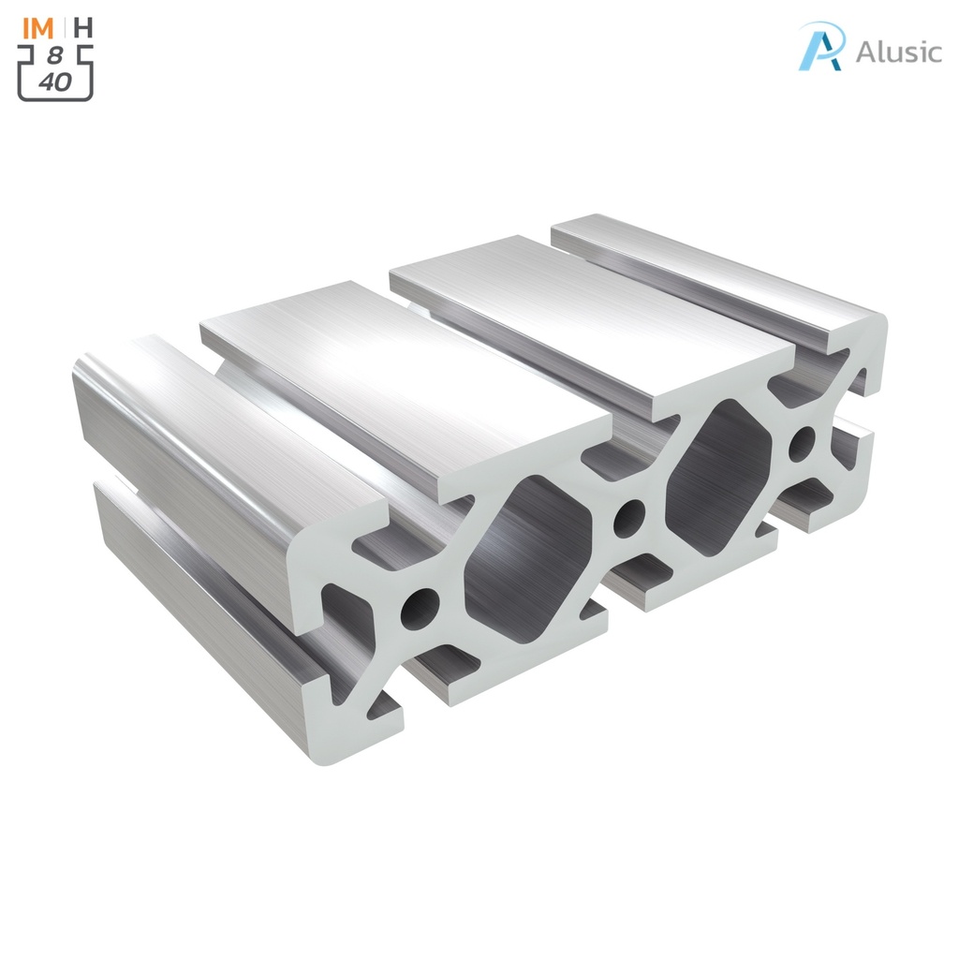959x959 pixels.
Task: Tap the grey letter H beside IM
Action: coord(83,27)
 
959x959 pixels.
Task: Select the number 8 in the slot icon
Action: coord(55,56)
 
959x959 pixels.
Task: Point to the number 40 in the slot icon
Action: coord(55,82)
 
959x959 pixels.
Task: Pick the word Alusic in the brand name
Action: coord(898,52)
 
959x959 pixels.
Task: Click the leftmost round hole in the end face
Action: coord(420,607)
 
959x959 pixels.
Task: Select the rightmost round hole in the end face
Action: coord(802,444)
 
